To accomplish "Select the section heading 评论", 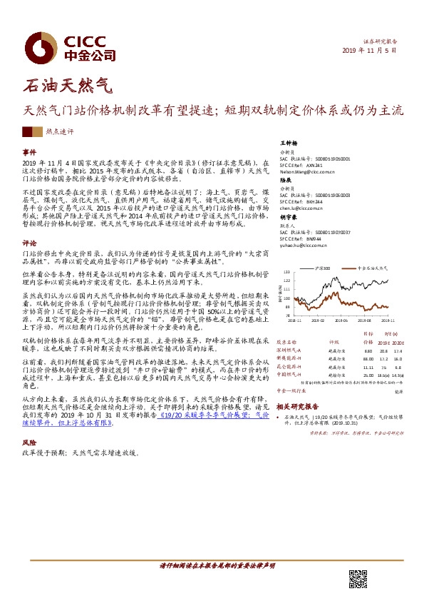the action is pyautogui.click(x=29, y=243).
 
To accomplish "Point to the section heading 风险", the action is pyautogui.click(x=29, y=443).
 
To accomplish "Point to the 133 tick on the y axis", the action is pyautogui.click(x=288, y=272).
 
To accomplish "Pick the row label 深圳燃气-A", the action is pyautogui.click(x=290, y=350).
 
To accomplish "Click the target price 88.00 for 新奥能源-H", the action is pyautogui.click(x=348, y=358).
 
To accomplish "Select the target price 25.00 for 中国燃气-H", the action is pyautogui.click(x=348, y=374).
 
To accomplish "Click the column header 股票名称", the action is pyautogui.click(x=288, y=342).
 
